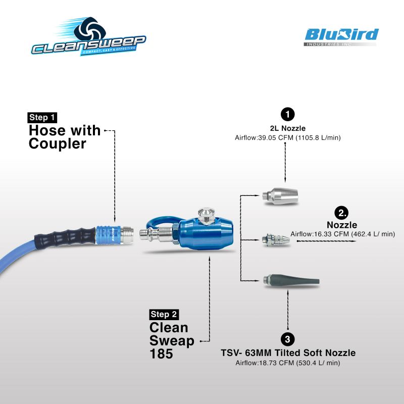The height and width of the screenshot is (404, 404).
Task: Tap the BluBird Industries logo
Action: tap(341, 37)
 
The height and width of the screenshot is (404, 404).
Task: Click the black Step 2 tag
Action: tap(164, 314)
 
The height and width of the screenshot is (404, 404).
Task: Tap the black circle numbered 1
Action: tap(287, 114)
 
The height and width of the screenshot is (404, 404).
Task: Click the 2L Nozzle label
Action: tap(287, 128)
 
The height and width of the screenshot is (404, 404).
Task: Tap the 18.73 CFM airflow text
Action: tap(288, 363)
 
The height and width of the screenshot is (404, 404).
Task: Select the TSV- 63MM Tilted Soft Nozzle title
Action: tap(288, 353)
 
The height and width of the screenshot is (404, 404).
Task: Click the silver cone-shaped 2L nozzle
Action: tap(280, 195)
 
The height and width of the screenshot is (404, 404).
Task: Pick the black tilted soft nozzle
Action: tap(292, 281)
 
